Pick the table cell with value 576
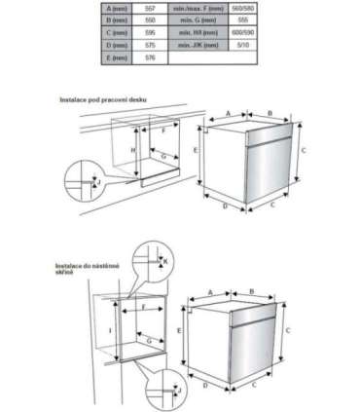tap(150, 57)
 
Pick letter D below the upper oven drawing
tap(225, 206)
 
